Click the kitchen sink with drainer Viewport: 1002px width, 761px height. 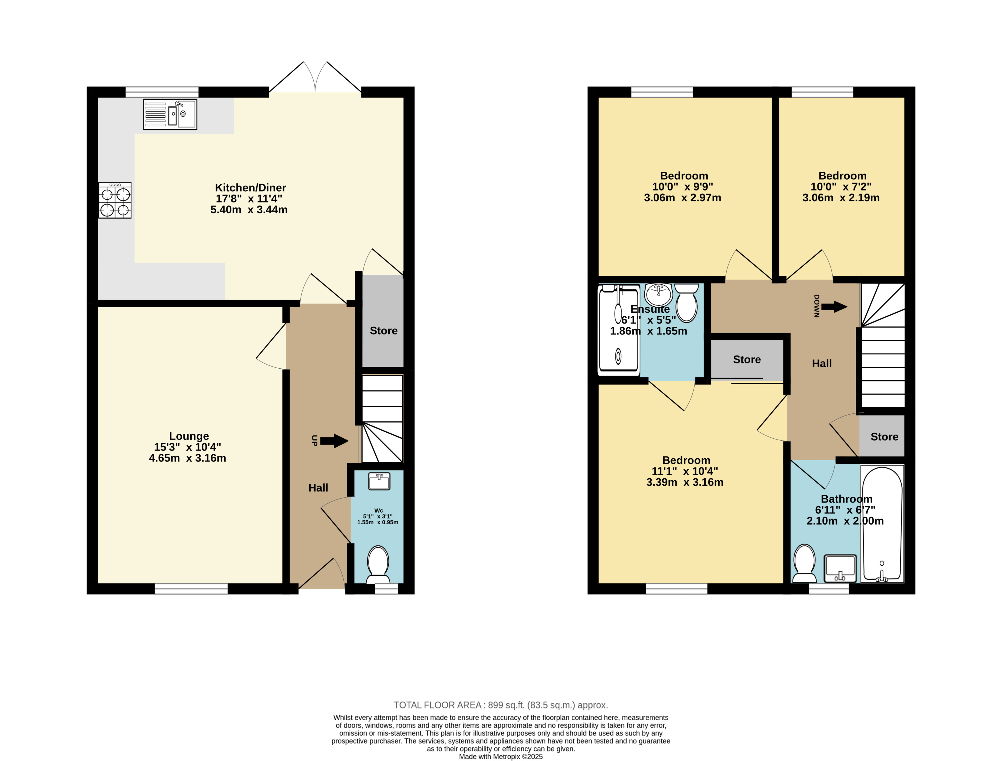click(170, 115)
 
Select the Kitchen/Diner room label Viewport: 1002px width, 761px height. click(250, 188)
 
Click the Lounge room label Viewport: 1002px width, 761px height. click(189, 436)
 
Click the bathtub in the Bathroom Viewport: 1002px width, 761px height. click(882, 524)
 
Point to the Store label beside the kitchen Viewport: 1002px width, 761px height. click(383, 331)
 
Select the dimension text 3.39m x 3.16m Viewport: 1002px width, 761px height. click(685, 482)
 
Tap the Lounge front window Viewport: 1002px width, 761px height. click(191, 589)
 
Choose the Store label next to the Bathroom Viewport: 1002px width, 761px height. click(884, 437)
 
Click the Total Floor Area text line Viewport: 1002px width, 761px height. click(501, 705)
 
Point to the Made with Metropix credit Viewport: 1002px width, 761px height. click(501, 756)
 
